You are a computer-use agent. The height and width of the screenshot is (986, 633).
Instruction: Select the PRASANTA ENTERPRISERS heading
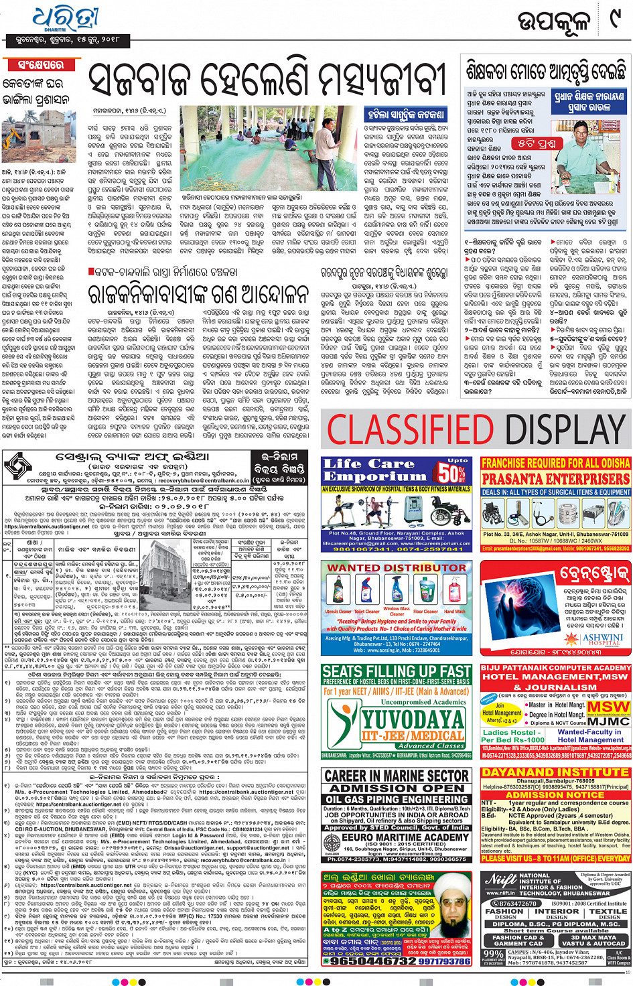click(555, 478)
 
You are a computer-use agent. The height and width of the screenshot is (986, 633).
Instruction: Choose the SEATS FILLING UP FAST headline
click(397, 672)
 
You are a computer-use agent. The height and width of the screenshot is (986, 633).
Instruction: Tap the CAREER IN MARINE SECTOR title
click(397, 776)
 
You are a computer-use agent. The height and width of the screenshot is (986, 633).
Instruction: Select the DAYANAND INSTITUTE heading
click(555, 772)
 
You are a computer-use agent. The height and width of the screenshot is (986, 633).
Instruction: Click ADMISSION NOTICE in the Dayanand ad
click(555, 794)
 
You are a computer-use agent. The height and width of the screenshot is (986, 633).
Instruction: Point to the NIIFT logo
click(500, 879)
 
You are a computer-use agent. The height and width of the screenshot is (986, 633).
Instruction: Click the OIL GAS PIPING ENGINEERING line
click(397, 799)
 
